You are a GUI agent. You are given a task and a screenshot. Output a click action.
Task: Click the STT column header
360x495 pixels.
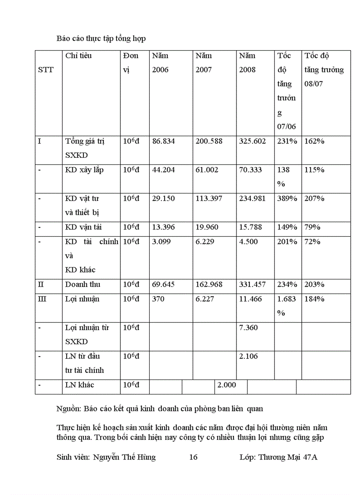pos(46,70)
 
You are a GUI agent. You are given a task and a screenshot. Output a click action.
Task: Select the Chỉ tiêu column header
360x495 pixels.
pos(79,56)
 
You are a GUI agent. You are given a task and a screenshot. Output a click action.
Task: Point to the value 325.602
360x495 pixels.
pos(252,141)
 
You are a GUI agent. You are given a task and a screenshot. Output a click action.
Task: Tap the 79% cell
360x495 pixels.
pos(312,227)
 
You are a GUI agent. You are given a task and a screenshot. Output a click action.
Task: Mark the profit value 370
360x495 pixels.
pos(158,299)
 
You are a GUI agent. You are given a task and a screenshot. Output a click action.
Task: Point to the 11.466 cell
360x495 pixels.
pos(250,299)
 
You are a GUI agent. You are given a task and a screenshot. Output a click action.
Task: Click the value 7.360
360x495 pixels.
pos(248,328)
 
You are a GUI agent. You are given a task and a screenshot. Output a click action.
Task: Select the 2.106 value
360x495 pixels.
pos(248,356)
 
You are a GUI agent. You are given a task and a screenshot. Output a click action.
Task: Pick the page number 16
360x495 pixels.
pos(193,457)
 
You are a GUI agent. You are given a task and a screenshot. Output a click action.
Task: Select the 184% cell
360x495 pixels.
pos(314,299)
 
